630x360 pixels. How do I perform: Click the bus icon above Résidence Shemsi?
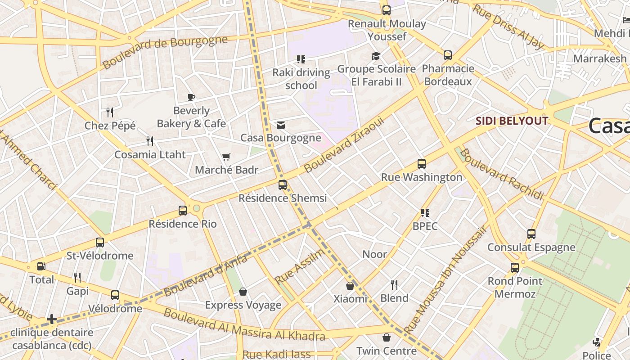pos(282,185)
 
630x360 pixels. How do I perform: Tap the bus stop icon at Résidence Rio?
pos(183,211)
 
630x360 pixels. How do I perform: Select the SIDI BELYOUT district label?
pos(512,121)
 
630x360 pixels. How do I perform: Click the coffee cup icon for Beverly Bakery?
pos(191,97)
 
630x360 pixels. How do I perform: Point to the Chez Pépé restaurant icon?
pos(110,112)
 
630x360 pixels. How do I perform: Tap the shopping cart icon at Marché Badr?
pos(226,157)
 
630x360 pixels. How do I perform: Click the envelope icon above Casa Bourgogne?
pos(281,125)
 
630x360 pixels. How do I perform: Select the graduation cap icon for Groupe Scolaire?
pos(376,56)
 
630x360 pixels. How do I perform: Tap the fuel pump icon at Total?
pos(41,266)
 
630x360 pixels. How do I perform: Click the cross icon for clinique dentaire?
pos(52,319)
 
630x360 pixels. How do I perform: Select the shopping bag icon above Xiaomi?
pos(350,286)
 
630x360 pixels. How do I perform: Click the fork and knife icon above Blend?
pos(394,284)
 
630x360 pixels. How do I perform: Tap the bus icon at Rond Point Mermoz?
pos(515,268)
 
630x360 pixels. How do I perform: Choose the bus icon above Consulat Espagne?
pos(531,234)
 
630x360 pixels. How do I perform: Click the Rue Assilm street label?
pos(299,266)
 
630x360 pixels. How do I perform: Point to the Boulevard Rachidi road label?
pos(501,174)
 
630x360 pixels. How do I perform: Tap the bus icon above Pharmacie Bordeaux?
pos(448,55)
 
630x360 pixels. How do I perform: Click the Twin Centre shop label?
pos(387,351)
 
